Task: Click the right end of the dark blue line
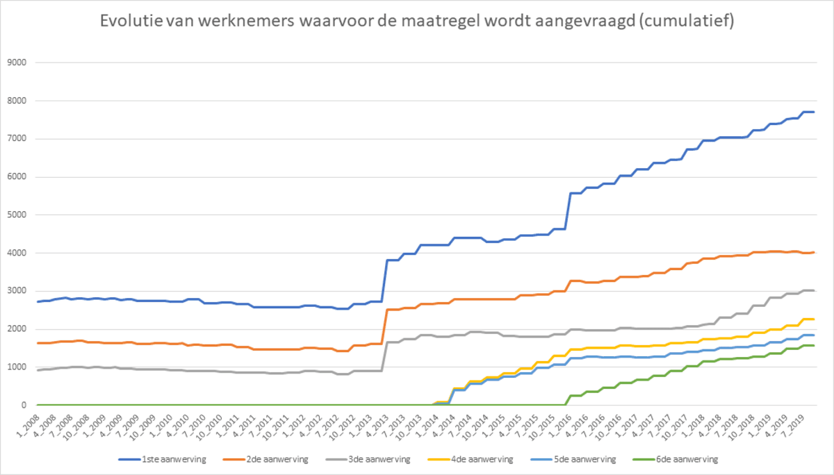pos(814,112)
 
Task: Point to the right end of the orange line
pos(814,252)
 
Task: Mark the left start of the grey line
pos(38,370)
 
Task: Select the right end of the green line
pos(814,345)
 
